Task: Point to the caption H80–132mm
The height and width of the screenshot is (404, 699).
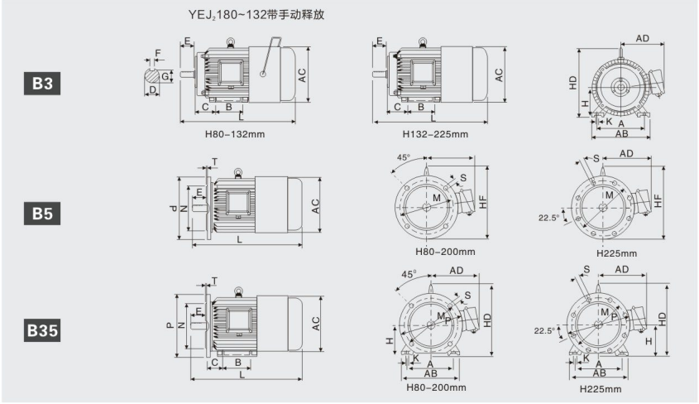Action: [x=235, y=134]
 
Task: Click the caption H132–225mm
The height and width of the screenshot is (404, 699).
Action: [x=435, y=134]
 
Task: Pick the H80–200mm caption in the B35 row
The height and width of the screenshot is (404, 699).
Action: [x=434, y=386]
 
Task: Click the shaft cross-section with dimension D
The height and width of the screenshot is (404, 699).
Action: [x=153, y=76]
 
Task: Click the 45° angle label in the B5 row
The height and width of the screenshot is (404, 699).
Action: [x=404, y=157]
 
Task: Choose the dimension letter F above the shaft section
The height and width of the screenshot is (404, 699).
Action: [x=159, y=53]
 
